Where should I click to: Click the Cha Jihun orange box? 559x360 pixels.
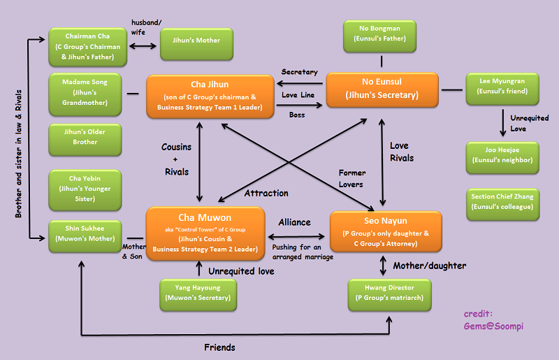click(210, 96)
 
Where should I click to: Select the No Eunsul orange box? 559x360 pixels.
click(382, 89)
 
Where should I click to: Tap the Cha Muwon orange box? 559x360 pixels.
click(205, 233)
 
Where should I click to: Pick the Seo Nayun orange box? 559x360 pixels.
click(386, 231)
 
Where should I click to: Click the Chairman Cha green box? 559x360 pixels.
click(88, 47)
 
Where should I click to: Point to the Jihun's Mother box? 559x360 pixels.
click(196, 44)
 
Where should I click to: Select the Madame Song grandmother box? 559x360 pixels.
click(85, 94)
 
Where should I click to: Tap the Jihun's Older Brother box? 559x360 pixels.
click(85, 140)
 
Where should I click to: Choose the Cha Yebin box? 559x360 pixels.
click(85, 190)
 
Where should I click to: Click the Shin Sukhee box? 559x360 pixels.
click(85, 236)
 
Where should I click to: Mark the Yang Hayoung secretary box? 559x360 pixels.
click(198, 295)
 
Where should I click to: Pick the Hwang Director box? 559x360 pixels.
click(390, 295)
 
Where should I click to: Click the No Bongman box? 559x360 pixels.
click(379, 36)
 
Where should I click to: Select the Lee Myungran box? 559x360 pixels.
click(502, 89)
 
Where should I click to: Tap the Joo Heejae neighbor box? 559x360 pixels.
click(502, 158)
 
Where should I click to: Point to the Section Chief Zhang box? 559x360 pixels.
click(502, 204)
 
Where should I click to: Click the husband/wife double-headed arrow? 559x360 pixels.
click(143, 46)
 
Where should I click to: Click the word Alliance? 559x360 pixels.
click(294, 222)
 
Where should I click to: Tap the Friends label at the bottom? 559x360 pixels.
click(219, 347)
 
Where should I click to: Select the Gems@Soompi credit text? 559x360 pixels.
click(493, 326)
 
